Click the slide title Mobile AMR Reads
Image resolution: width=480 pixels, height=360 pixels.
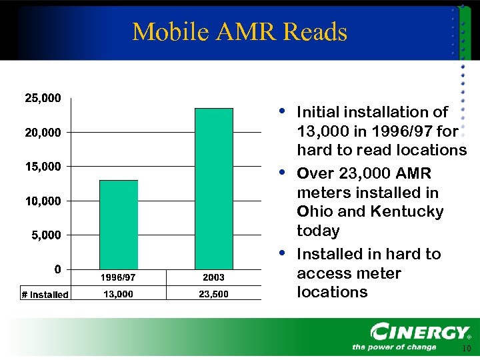tap(239, 31)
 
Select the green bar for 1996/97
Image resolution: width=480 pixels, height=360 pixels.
tap(119, 224)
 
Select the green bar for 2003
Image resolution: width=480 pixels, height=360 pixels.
tap(213, 188)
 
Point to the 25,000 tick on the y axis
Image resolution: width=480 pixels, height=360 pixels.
tap(43, 98)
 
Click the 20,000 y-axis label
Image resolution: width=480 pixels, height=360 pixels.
tap(43, 132)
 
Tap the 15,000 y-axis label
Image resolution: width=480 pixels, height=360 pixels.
tap(43, 166)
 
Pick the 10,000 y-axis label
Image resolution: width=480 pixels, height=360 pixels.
tap(43, 201)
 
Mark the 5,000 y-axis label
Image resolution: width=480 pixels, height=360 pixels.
tap(45, 235)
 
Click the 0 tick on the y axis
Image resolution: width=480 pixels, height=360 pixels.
tap(57, 269)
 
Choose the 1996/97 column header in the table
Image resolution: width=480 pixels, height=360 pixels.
tap(118, 277)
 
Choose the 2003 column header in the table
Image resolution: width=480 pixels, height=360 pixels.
tap(213, 277)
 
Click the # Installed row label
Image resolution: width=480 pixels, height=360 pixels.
tap(44, 295)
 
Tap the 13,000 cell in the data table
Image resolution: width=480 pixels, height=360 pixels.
tap(118, 294)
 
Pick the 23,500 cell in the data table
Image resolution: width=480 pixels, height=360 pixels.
tap(213, 294)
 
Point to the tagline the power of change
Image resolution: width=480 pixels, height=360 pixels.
tap(394, 347)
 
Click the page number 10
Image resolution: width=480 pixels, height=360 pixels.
tap(466, 349)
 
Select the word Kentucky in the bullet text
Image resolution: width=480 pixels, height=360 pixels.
tap(405, 212)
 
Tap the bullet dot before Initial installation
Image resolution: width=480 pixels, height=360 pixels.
tap(283, 109)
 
